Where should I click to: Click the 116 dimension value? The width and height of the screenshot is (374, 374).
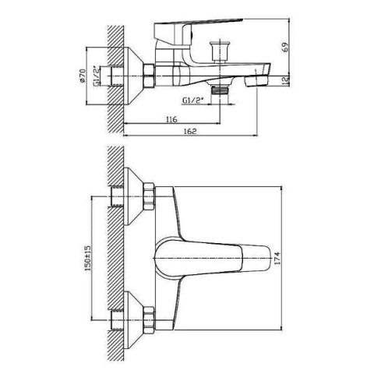pyautogui.click(x=171, y=119)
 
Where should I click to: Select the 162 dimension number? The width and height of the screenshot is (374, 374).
pyautogui.click(x=190, y=132)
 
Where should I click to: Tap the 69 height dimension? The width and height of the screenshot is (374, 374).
pyautogui.click(x=285, y=48)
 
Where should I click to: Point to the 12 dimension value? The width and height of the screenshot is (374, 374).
pyautogui.click(x=286, y=80)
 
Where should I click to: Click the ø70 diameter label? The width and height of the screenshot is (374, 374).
pyautogui.click(x=82, y=76)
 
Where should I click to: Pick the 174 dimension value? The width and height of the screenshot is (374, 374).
pyautogui.click(x=277, y=258)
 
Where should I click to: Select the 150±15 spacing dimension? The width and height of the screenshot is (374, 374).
pyautogui.click(x=88, y=258)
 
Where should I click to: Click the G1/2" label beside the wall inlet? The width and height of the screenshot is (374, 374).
pyautogui.click(x=97, y=76)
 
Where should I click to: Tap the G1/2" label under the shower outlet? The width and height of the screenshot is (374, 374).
pyautogui.click(x=192, y=101)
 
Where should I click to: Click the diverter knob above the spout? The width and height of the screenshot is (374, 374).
pyautogui.click(x=220, y=51)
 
